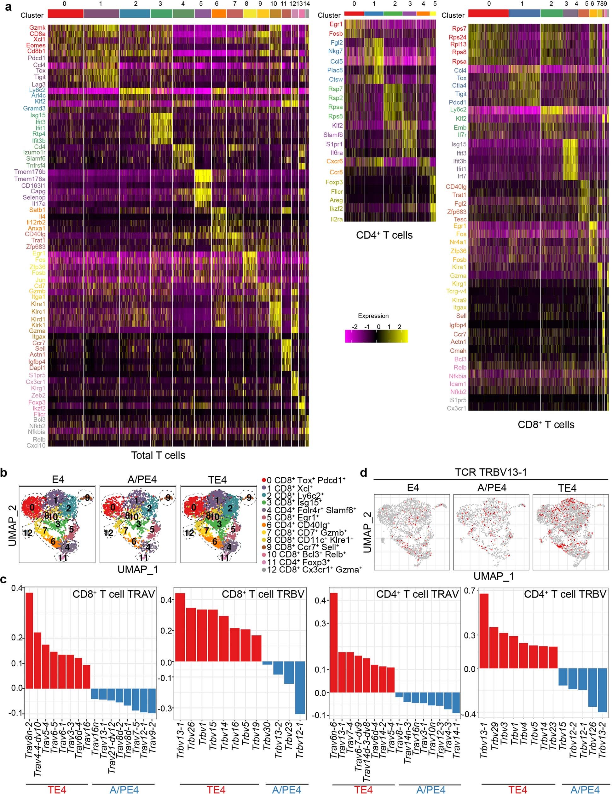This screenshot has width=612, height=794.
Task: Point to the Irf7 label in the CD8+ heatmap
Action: click(x=462, y=176)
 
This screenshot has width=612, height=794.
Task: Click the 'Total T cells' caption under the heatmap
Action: click(x=158, y=455)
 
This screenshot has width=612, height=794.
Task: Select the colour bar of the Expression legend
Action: click(x=376, y=336)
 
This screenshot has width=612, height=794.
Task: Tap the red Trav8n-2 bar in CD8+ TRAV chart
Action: click(x=29, y=640)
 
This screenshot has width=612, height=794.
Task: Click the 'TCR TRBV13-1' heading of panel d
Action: click(x=491, y=472)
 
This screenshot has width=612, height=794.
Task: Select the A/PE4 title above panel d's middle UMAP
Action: click(x=492, y=488)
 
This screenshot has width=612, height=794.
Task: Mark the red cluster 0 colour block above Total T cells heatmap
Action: click(x=66, y=14)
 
